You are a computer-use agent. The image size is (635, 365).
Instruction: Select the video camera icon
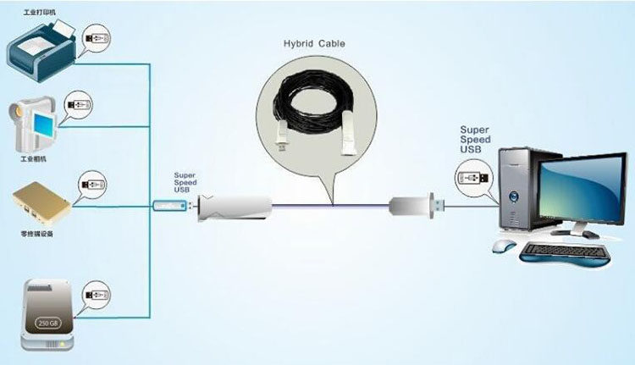click(x=33, y=123)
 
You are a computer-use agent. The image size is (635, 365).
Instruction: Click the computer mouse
click(x=504, y=246)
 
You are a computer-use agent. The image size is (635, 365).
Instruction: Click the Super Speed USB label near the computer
click(x=475, y=140)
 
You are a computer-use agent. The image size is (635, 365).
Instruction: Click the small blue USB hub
click(x=169, y=206)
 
